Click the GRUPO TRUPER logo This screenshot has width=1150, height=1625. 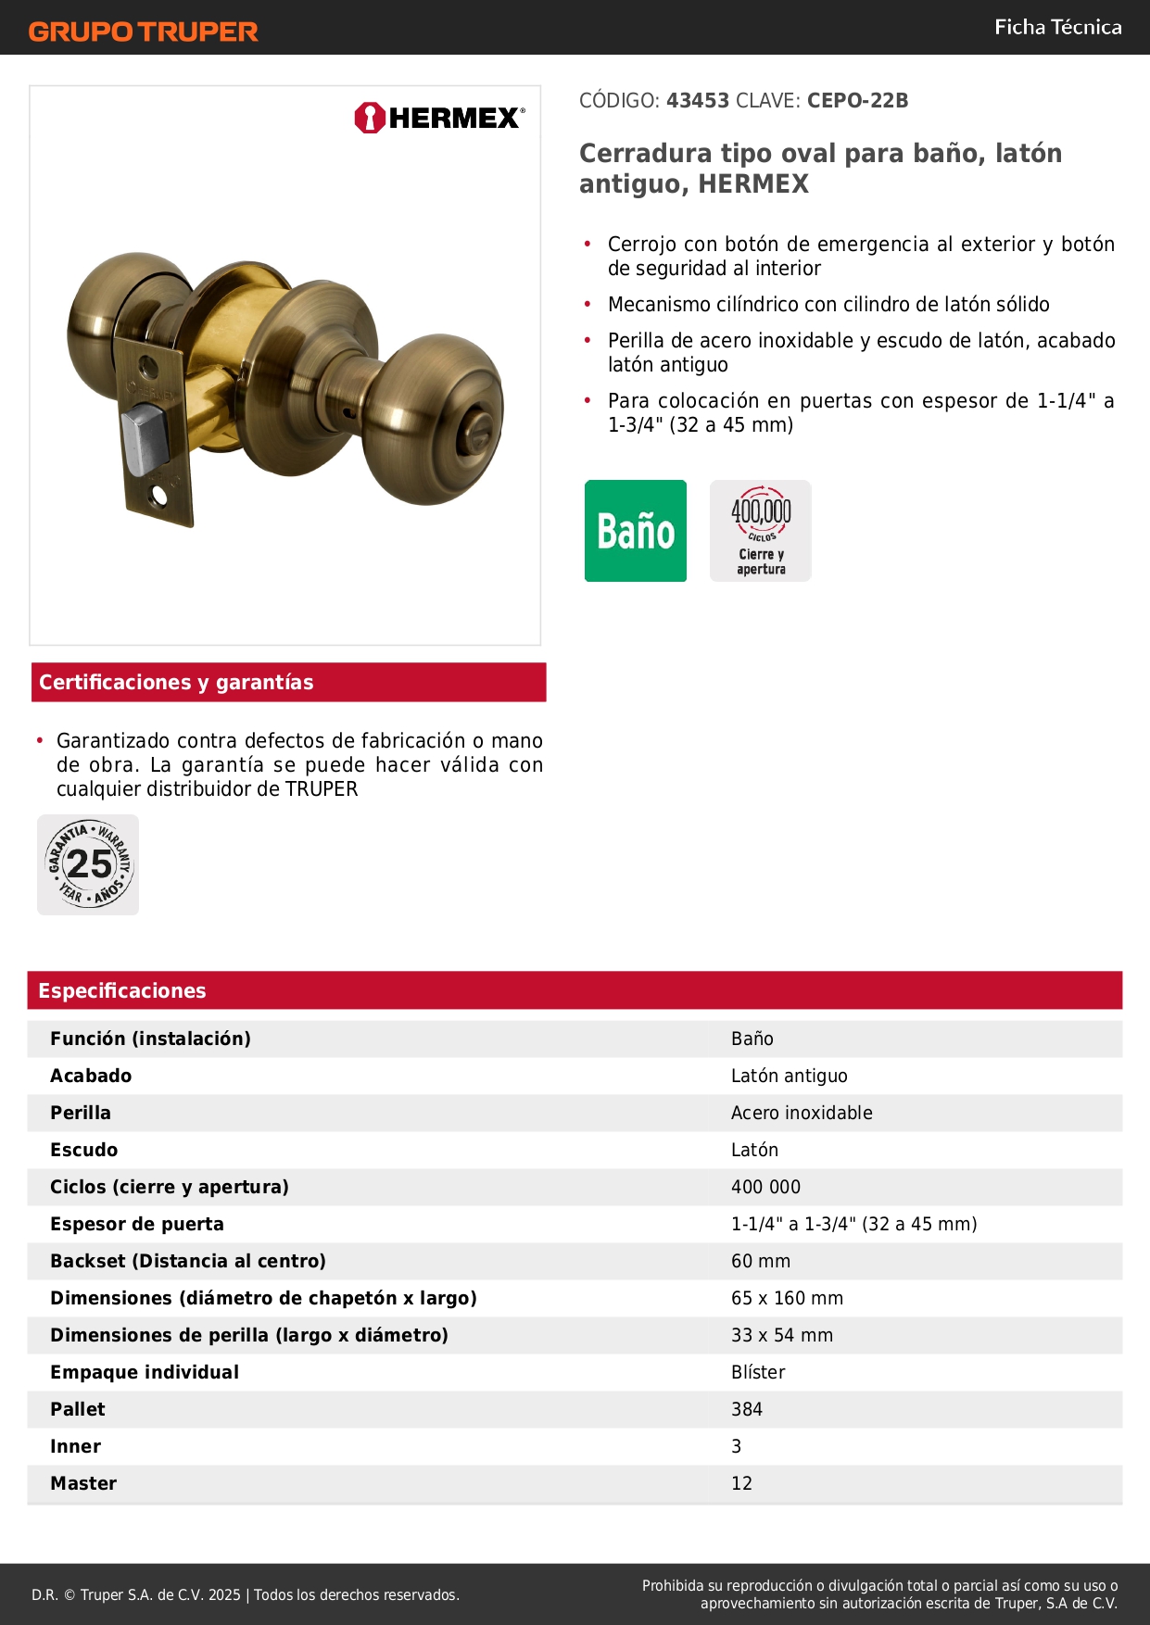[x=143, y=31]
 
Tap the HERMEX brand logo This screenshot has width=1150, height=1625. [x=439, y=118]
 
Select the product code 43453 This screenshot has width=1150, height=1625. [x=698, y=101]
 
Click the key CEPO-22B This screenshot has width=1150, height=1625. [x=857, y=101]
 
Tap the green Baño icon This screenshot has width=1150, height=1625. [x=636, y=531]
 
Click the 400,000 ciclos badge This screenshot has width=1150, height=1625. [x=761, y=531]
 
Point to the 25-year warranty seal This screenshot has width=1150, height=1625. [x=89, y=865]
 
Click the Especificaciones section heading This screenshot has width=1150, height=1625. [x=122, y=990]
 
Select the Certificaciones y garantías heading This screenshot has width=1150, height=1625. [x=176, y=683]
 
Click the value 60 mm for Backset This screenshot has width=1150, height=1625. [x=761, y=1261]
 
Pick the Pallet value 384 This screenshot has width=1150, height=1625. [x=747, y=1409]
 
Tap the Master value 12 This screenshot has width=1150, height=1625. [x=741, y=1483]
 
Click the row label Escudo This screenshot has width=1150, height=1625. [x=84, y=1150]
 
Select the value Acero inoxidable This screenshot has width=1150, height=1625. [x=802, y=1113]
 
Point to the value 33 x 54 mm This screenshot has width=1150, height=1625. [x=782, y=1335]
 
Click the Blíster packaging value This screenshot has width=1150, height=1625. [x=758, y=1372]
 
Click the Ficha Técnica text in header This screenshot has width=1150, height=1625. [x=1057, y=28]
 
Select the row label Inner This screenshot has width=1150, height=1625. [x=76, y=1446]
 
